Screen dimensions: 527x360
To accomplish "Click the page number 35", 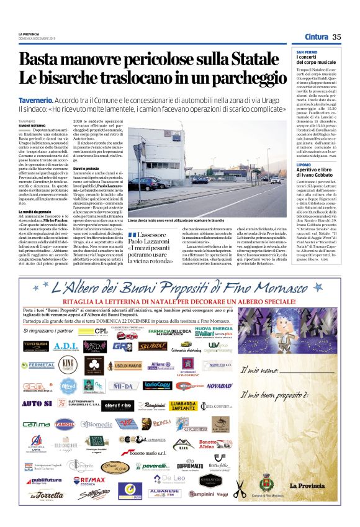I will pyautogui.click(x=337, y=37).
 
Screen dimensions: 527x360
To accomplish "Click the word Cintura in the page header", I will pyautogui.click(x=316, y=37).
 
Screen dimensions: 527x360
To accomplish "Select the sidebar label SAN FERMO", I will pyautogui.click(x=308, y=52).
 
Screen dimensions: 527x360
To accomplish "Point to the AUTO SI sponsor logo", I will pyautogui.click(x=34, y=404).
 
